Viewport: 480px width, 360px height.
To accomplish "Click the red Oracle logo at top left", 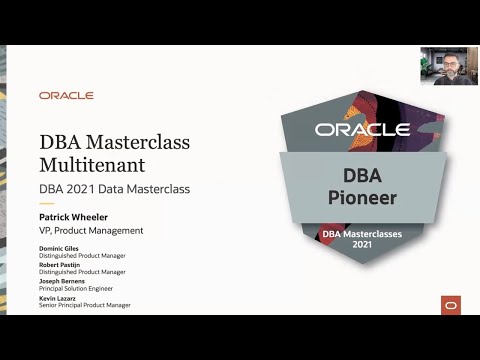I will point(66,95).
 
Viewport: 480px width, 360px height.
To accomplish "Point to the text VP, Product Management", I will point(91,230).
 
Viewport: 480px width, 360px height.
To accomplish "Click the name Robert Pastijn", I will point(62,265).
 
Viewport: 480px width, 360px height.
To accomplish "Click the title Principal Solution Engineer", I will point(81,290).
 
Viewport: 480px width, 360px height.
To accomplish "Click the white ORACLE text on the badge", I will point(362,129).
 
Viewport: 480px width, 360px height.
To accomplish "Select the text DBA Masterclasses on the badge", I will point(362,234).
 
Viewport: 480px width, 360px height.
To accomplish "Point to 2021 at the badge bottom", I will point(362,245).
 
